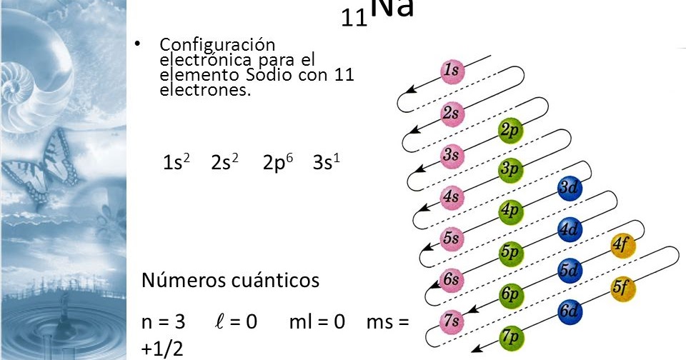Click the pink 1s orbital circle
pos(451,71)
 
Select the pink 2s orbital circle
pos(451,114)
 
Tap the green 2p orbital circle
pos(509,131)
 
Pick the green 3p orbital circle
pos(509,170)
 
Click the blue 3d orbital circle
pos(569,189)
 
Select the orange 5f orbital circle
pos(622,288)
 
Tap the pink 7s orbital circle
pos(451,321)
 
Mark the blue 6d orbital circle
pos(569,311)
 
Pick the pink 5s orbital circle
pos(451,238)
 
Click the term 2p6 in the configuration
pos(278,162)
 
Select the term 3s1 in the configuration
pos(326,162)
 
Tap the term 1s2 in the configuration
pos(177,162)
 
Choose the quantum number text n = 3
pos(164,322)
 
